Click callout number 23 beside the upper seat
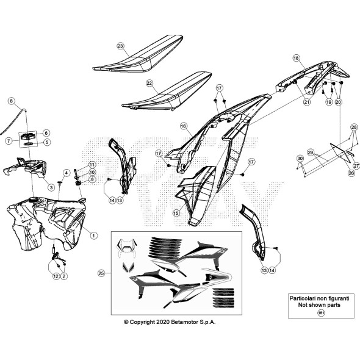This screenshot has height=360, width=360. (x=120, y=46)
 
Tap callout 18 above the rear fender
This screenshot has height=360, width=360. (x=295, y=58)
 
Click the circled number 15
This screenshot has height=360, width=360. (x=176, y=214)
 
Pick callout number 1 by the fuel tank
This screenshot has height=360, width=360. (x=93, y=235)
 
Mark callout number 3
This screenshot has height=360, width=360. (x=52, y=187)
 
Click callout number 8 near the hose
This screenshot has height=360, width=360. (x=11, y=100)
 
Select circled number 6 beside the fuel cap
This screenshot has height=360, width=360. (x=46, y=132)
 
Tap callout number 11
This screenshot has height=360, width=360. (x=92, y=165)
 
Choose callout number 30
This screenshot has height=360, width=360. (x=300, y=159)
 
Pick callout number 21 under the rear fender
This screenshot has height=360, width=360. (x=306, y=102)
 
